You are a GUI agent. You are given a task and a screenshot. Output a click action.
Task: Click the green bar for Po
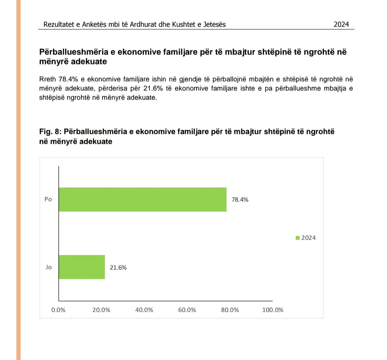[x=143, y=199]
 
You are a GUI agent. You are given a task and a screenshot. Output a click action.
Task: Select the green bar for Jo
[x=82, y=267]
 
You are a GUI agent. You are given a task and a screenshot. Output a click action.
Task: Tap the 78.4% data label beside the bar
[x=240, y=200]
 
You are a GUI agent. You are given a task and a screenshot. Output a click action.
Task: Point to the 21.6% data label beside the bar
[x=118, y=267]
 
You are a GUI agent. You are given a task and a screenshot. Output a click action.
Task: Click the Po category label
[x=48, y=200]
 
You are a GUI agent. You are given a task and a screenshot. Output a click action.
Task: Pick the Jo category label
[x=49, y=267]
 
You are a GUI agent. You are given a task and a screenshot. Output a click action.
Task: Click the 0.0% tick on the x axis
[x=58, y=310]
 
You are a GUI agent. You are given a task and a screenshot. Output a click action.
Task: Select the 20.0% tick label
[x=101, y=310]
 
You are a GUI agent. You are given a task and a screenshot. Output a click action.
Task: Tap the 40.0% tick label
[x=144, y=310]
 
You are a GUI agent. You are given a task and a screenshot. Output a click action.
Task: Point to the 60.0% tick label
[x=187, y=310]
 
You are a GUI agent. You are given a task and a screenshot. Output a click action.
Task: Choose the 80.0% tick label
[x=230, y=310]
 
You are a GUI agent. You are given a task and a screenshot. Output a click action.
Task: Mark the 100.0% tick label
[x=273, y=310]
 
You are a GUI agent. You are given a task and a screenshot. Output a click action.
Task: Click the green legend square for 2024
[x=297, y=238]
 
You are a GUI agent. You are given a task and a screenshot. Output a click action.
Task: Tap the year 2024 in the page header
[x=341, y=24]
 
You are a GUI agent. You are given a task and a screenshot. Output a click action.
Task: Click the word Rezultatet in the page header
[x=59, y=24]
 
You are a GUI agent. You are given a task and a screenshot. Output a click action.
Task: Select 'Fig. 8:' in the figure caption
[x=50, y=132]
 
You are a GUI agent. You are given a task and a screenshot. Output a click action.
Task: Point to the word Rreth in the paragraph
[x=48, y=79]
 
